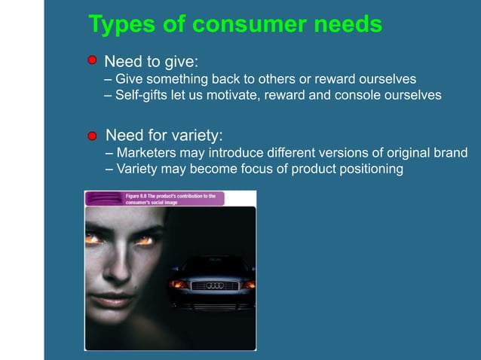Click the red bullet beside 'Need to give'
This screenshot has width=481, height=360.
(92, 60)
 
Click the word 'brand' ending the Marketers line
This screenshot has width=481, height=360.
(449, 153)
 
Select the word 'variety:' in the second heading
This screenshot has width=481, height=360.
(198, 136)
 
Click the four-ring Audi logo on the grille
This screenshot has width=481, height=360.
(216, 285)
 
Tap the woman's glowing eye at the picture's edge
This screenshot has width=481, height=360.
(93, 239)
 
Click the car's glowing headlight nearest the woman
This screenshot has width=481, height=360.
(179, 284)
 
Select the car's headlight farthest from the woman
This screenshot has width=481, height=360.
(247, 284)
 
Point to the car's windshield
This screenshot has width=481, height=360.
(215, 265)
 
